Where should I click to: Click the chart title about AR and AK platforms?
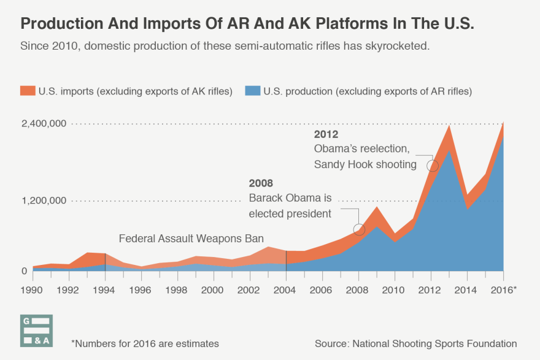[247, 24]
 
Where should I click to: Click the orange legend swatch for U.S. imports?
[28, 91]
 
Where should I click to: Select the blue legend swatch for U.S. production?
[253, 91]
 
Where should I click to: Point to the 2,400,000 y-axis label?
[44, 124]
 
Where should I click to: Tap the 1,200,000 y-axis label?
[44, 201]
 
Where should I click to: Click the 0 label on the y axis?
[25, 271]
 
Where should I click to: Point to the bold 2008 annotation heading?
[261, 183]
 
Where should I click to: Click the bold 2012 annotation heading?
[326, 134]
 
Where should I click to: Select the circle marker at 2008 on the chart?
[360, 230]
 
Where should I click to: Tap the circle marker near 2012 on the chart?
[433, 166]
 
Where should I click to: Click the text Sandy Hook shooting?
[365, 164]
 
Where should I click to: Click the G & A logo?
[37, 331]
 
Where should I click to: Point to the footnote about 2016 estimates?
[145, 343]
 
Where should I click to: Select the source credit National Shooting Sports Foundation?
[415, 343]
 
